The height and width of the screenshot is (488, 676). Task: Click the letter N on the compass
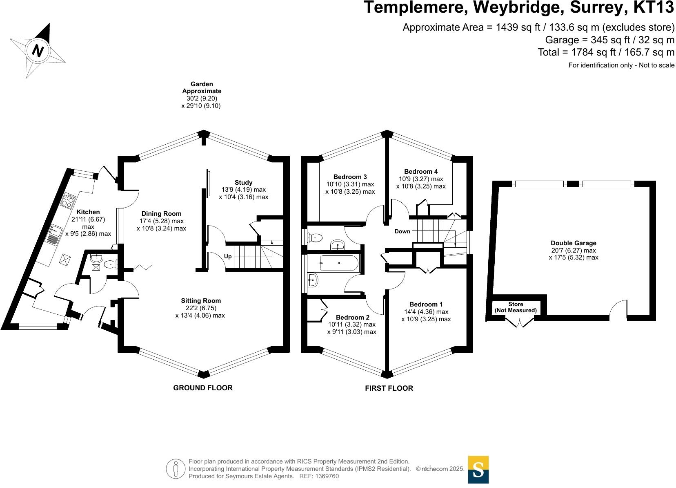(x=38, y=51)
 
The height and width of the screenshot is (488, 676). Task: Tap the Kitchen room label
(x=88, y=212)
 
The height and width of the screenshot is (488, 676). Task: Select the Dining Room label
(x=161, y=214)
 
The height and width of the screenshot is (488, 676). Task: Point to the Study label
(x=243, y=183)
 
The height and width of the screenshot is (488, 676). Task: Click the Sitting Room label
(x=201, y=301)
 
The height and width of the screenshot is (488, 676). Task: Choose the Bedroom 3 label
(x=350, y=177)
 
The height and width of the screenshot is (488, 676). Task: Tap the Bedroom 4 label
(x=420, y=172)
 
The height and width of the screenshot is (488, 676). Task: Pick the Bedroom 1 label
(x=426, y=304)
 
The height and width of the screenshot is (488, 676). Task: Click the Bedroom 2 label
(x=352, y=318)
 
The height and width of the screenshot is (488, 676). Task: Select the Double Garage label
(x=573, y=243)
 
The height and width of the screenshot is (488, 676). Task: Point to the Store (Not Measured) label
(x=516, y=307)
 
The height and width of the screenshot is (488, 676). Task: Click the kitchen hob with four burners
(x=69, y=200)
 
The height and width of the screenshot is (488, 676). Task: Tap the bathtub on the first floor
(x=339, y=264)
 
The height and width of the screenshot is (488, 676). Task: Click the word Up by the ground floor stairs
(x=228, y=257)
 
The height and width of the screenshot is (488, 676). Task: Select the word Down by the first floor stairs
(x=402, y=231)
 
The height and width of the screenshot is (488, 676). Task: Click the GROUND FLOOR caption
(x=203, y=388)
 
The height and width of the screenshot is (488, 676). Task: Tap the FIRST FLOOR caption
(x=389, y=388)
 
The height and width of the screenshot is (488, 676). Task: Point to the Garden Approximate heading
(x=202, y=87)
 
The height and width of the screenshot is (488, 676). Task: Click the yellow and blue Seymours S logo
(x=478, y=469)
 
